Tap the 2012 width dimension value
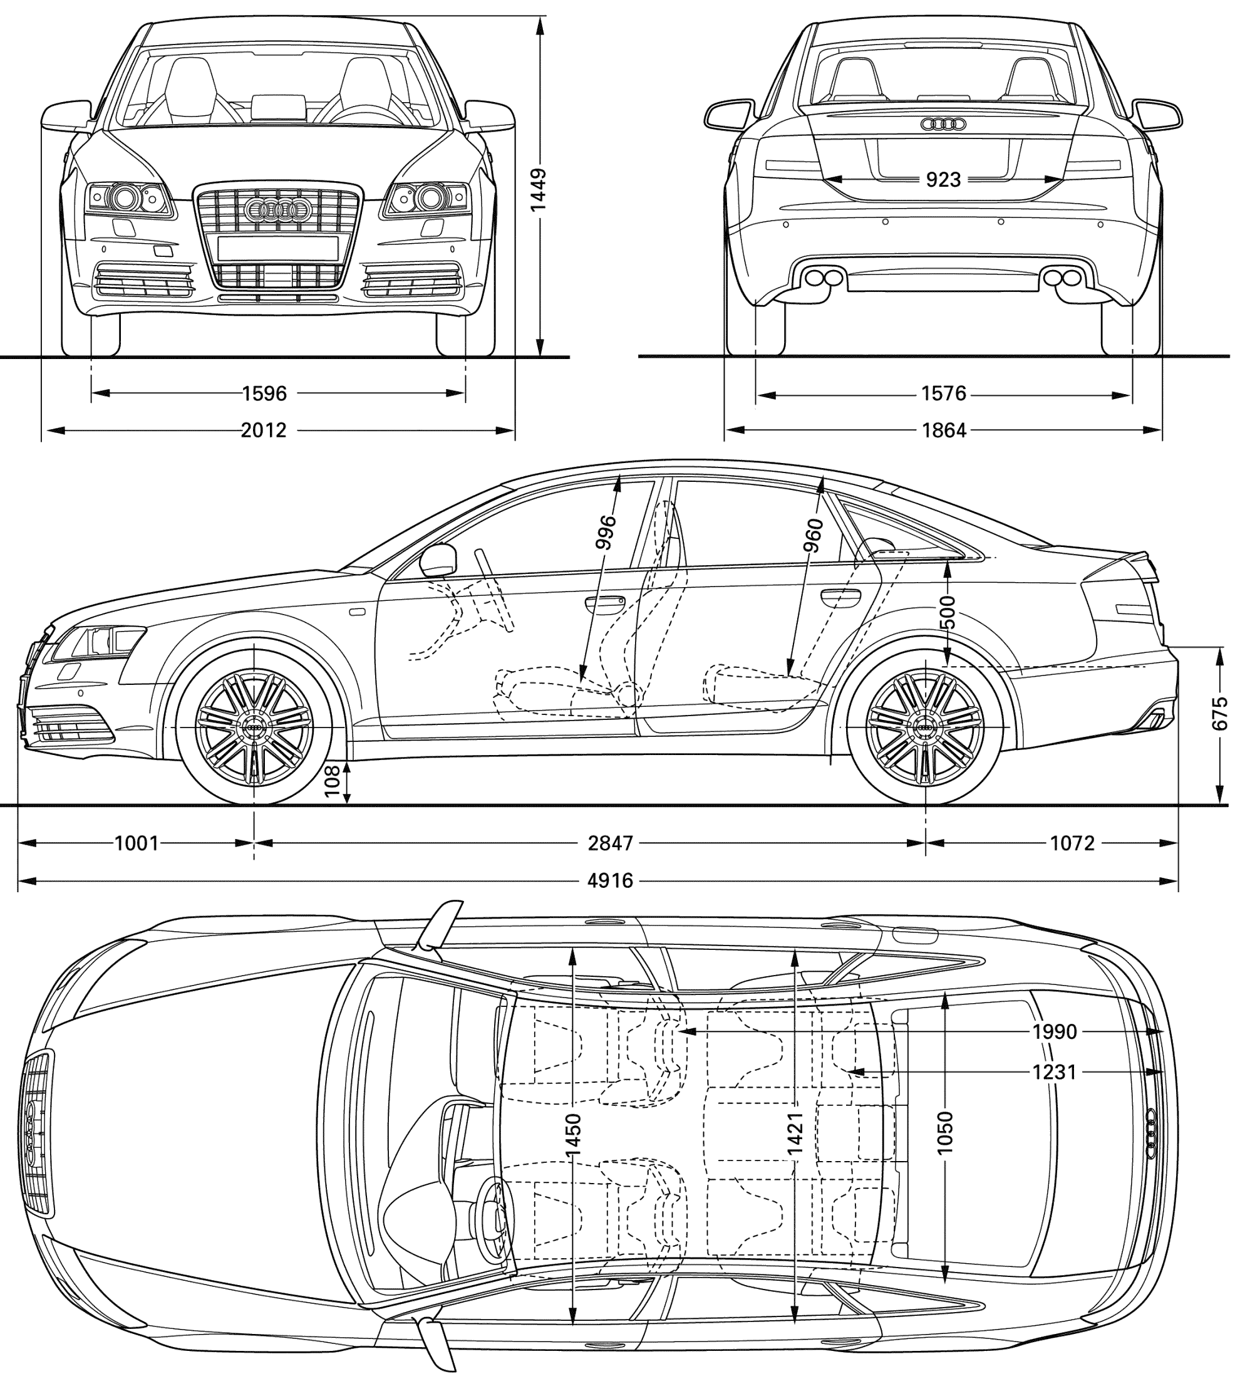264,430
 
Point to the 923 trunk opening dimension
944,179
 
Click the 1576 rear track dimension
944,393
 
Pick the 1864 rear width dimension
944,430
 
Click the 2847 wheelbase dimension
611,843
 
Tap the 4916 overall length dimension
611,881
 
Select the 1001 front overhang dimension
137,843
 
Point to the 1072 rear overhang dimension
1072,843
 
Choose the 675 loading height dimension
1219,713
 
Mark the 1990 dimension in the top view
1054,1031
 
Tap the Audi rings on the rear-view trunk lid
944,124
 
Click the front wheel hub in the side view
254,727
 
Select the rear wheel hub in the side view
925,727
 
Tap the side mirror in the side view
439,560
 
